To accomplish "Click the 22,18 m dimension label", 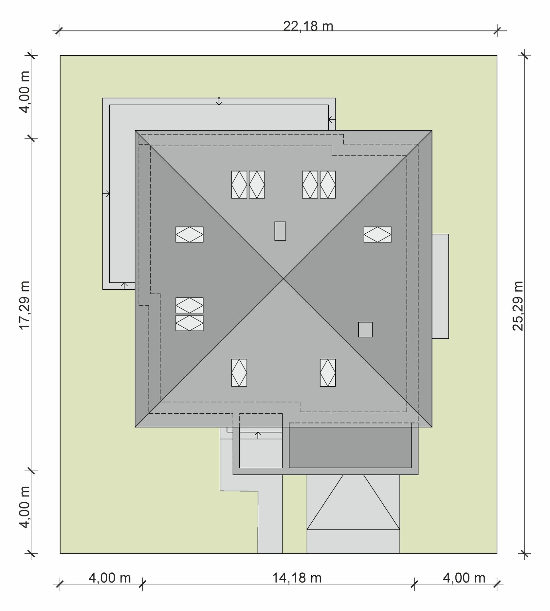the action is (308, 26).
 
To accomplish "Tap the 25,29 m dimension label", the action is (518, 306).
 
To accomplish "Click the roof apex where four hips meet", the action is (284, 279).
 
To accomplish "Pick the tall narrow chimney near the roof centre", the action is (280, 231).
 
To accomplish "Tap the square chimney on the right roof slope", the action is (365, 330).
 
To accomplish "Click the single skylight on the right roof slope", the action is (377, 235).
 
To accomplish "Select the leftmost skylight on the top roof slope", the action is (239, 185).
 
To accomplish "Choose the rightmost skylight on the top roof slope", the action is (328, 185).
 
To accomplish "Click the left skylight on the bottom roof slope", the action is (239, 373).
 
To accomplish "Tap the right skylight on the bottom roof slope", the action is (328, 373).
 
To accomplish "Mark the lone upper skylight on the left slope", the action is (190, 235).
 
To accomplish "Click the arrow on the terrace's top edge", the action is (219, 101).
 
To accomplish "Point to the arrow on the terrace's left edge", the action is (106, 194).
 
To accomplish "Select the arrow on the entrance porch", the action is (258, 435).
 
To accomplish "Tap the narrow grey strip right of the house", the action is (440, 286).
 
